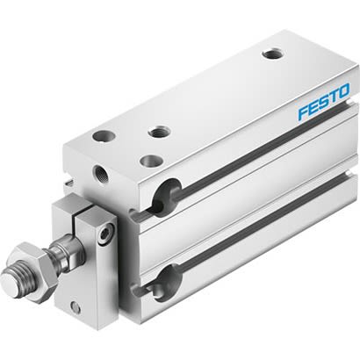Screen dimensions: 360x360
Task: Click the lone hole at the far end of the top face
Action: (272, 54)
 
